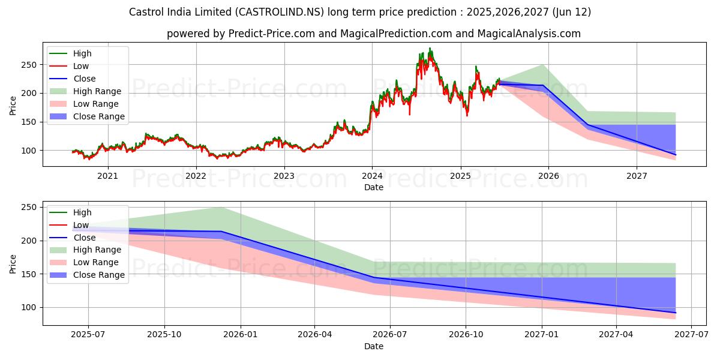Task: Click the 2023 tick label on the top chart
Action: (284, 176)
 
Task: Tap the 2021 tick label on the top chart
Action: (107, 176)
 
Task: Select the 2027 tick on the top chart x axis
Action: (637, 176)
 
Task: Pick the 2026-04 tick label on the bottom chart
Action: (315, 335)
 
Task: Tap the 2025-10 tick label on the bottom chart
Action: (164, 335)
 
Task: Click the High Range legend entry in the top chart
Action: (97, 92)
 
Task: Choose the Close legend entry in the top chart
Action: (84, 79)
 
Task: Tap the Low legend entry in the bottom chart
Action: (81, 225)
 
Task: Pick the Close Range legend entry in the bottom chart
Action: (99, 275)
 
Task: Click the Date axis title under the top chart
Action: (374, 187)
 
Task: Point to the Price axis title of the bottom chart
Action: (13, 263)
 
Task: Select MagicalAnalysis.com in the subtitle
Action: (529, 34)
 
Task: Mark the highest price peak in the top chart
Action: (430, 48)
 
